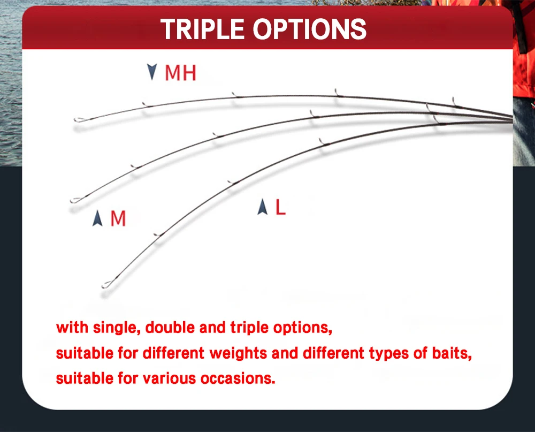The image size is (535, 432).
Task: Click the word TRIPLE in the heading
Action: tap(202, 29)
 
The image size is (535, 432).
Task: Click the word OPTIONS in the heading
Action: tap(310, 29)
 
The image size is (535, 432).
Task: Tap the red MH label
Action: tap(180, 73)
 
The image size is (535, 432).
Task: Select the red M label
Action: tap(118, 218)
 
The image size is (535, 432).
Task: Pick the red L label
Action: tap(280, 207)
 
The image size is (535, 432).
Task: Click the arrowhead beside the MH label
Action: tap(152, 72)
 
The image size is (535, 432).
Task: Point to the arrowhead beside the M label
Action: tap(97, 218)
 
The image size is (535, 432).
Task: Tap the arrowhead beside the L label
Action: tap(262, 207)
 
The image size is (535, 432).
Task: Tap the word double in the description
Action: tap(170, 328)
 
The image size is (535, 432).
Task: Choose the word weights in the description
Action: tap(238, 353)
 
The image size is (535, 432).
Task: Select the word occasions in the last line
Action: tap(238, 378)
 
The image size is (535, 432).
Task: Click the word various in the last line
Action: tap(169, 378)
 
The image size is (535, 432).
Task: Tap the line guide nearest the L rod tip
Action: tap(158, 235)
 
